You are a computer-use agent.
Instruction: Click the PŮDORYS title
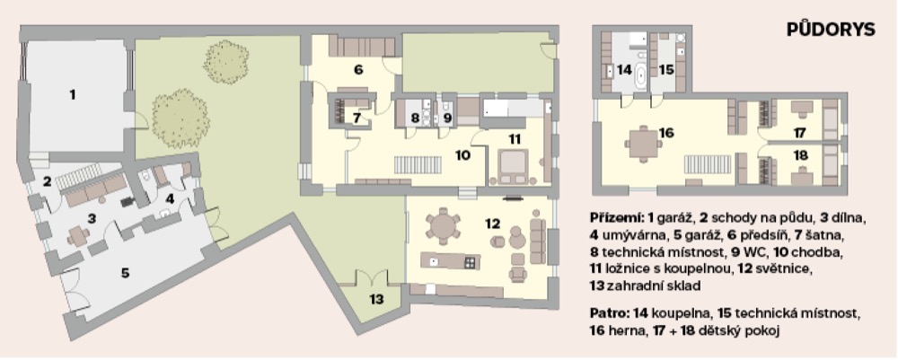(x=831, y=30)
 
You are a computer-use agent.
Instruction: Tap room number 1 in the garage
(x=72, y=94)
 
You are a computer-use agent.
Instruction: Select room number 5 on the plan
(x=125, y=273)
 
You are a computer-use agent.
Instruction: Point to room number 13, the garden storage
(x=376, y=299)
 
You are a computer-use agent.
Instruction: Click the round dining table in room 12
(x=444, y=225)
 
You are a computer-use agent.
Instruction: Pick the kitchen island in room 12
(x=450, y=261)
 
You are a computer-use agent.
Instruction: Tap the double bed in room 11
(x=514, y=166)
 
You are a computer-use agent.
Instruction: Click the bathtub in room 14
(x=640, y=78)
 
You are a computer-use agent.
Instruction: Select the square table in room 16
(x=644, y=143)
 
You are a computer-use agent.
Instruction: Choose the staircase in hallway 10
(x=418, y=165)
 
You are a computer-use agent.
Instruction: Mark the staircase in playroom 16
(x=708, y=164)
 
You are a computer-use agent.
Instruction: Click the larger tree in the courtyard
(x=180, y=118)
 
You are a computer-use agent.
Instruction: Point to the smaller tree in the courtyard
(x=226, y=61)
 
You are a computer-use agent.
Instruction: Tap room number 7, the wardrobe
(x=357, y=119)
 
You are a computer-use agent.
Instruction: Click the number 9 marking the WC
(x=447, y=119)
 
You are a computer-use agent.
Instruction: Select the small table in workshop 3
(x=78, y=236)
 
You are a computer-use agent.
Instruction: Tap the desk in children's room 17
(x=801, y=108)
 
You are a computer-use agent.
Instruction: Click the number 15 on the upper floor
(x=666, y=70)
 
